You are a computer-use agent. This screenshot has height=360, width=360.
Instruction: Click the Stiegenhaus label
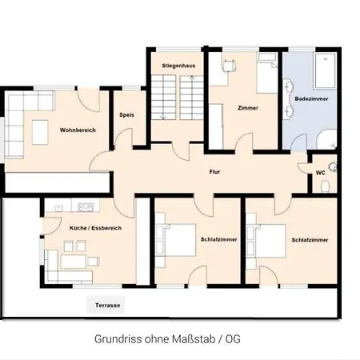[x=178, y=66]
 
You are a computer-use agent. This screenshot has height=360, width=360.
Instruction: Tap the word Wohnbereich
[x=78, y=130]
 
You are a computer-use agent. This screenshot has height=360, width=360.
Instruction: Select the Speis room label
[x=126, y=115]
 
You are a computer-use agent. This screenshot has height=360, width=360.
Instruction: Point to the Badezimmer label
[x=311, y=98]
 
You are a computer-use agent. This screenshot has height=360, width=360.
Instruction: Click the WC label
[x=320, y=173]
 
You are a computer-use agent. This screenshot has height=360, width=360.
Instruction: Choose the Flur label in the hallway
[x=214, y=172]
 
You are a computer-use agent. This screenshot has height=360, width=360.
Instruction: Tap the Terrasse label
[x=108, y=305]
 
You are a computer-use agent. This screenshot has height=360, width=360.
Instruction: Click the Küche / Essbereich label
[x=95, y=228]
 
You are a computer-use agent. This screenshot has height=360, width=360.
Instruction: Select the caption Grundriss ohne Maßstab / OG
[x=167, y=339]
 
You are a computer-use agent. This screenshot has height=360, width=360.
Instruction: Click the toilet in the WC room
[x=325, y=186]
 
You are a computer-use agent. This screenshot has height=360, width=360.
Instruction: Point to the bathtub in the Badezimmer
[x=325, y=70]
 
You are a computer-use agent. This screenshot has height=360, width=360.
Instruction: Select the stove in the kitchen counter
[x=86, y=207]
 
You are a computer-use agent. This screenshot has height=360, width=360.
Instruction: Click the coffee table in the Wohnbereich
[x=40, y=132]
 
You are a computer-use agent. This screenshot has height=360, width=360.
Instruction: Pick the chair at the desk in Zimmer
[x=230, y=66]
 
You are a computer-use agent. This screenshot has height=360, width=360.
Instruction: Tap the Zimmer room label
[x=248, y=108]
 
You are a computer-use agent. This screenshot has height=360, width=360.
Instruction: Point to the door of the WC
[x=302, y=168]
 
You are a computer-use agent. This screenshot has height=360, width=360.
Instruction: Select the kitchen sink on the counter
[x=58, y=208]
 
